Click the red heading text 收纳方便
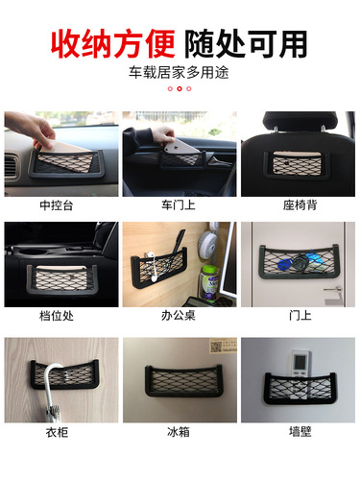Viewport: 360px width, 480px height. coord(114,42)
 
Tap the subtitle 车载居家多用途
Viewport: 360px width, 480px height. coord(180,72)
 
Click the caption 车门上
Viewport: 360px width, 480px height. coord(179,205)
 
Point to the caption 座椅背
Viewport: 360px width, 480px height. coord(299,205)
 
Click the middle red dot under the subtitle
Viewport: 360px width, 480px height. coord(180,88)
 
